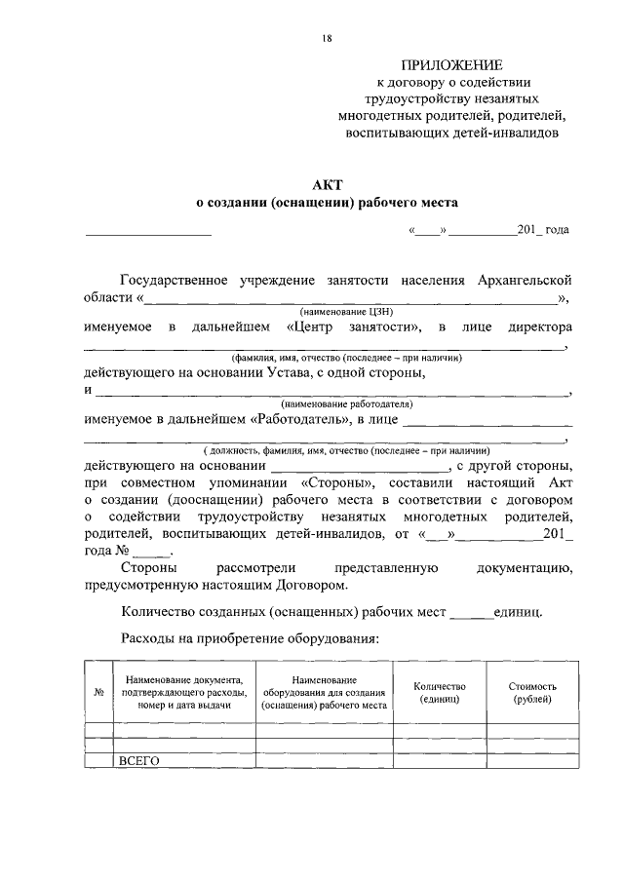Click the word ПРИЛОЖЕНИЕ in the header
[x=452, y=65]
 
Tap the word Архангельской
[x=526, y=280]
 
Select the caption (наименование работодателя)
[x=346, y=404]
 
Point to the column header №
[x=98, y=693]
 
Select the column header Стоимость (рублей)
[x=531, y=693]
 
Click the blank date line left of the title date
[x=148, y=231]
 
